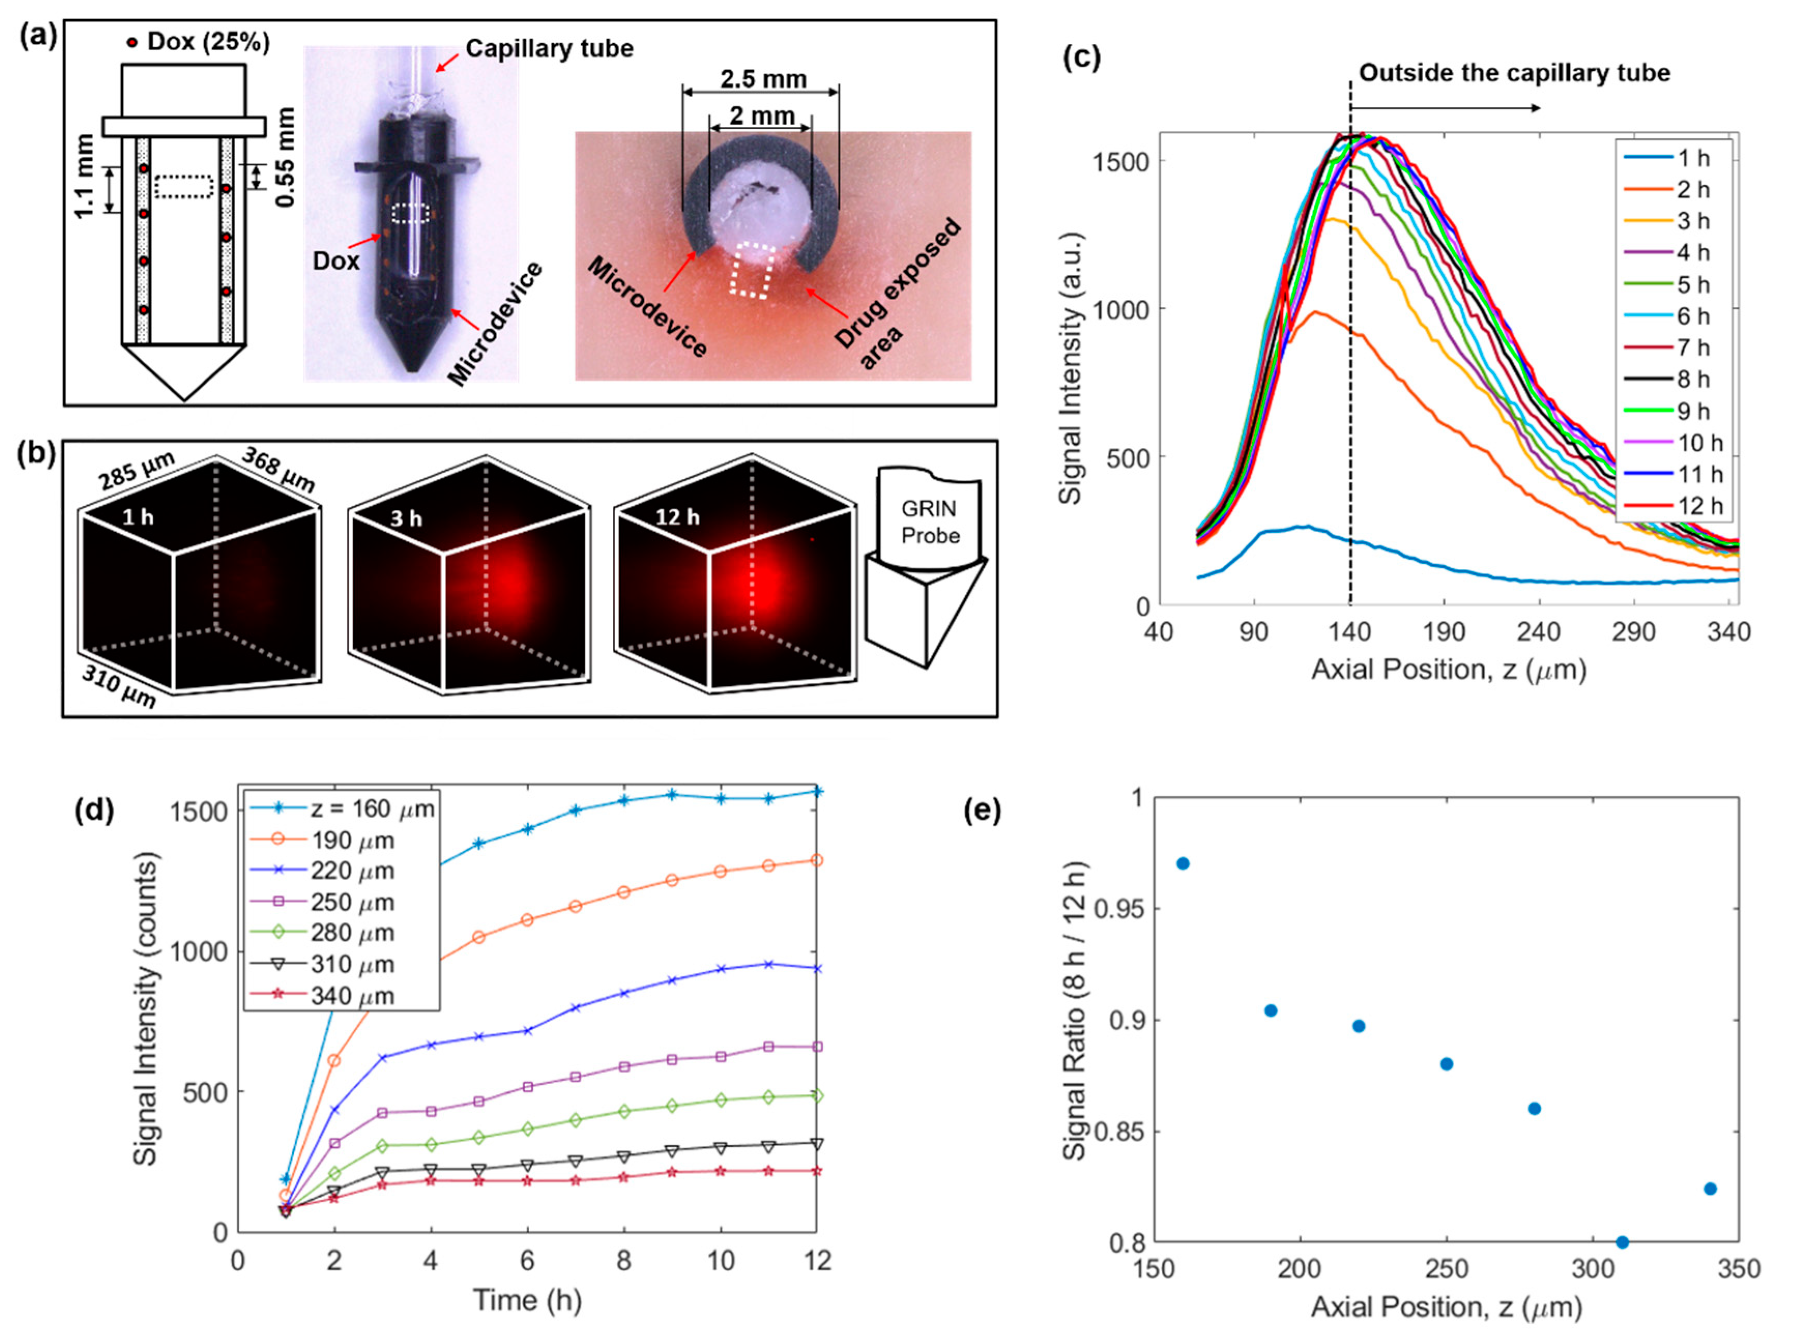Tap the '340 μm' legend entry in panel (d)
pos(352,996)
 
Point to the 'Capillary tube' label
pos(549,48)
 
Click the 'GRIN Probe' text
pos(929,522)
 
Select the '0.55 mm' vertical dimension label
pos(285,158)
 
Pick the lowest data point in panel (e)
pos(1622,1242)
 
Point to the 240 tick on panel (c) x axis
pos(1538,633)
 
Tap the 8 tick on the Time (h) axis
pos(623,1260)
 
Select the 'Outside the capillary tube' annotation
pos(1514,74)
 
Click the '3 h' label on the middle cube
pos(406,518)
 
